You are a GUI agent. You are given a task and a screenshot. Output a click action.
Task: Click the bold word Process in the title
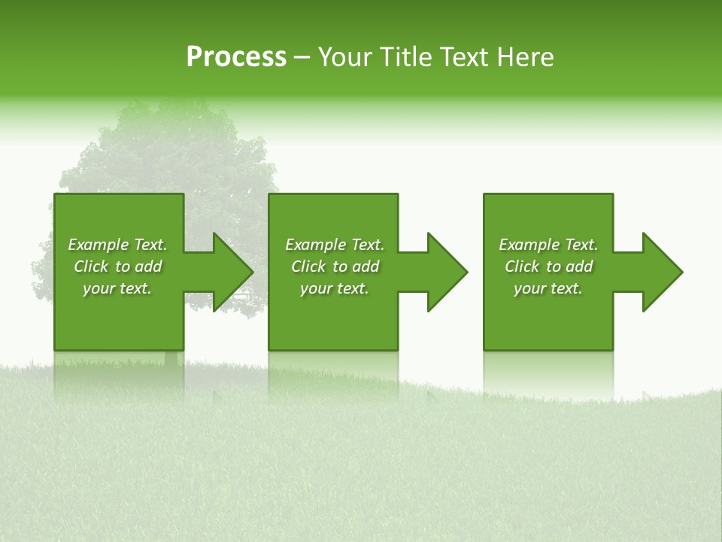pyautogui.click(x=236, y=57)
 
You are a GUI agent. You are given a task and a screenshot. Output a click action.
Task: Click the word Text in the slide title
pyautogui.click(x=464, y=57)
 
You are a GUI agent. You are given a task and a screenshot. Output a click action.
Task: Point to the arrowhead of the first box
pyautogui.click(x=229, y=272)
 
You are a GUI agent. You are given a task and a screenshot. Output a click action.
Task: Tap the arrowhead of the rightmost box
pyautogui.click(x=659, y=272)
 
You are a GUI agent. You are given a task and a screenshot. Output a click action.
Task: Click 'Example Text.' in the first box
pyautogui.click(x=117, y=245)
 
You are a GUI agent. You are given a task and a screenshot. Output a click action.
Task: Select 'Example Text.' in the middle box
pyautogui.click(x=334, y=245)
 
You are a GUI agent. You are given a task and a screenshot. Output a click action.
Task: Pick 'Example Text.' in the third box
pyautogui.click(x=548, y=245)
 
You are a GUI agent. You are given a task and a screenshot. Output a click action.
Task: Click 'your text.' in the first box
pyautogui.click(x=117, y=288)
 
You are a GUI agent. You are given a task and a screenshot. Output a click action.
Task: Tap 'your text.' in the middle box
pyautogui.click(x=334, y=288)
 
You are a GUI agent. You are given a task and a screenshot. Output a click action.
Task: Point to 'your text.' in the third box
pyautogui.click(x=548, y=288)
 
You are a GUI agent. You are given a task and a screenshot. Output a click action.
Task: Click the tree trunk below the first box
pyautogui.click(x=171, y=358)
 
